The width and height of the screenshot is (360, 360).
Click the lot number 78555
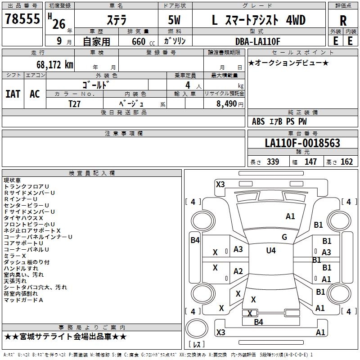pos(22,20)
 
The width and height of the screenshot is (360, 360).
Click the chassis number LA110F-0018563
pos(302,144)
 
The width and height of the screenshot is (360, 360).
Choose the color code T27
pos(75,103)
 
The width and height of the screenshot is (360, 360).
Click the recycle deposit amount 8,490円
pos(229,103)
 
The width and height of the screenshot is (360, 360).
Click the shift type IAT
pos(13,94)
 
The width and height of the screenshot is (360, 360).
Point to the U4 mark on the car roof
pos(271,250)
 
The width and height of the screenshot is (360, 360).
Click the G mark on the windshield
pos(284,237)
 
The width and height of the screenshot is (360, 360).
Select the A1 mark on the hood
pos(291,216)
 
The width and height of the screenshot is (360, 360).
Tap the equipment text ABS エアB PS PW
pos(279,121)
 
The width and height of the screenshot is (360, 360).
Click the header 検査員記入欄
pos(92,173)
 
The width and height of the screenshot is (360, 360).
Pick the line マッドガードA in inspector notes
pos(23,300)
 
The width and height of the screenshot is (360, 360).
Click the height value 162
pos(347,162)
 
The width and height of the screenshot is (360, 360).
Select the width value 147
pos(310,162)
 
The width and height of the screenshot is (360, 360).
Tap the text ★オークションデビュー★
pos(288,63)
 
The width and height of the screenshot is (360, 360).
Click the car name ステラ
pos(116,20)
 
